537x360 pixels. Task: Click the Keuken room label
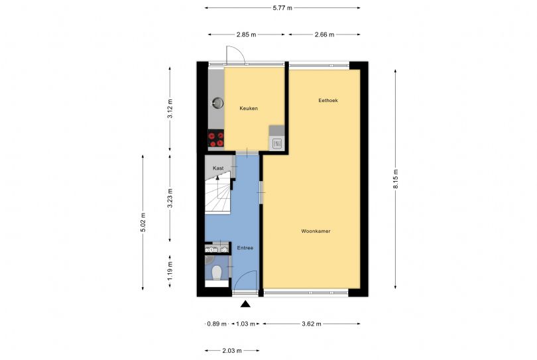[249, 108]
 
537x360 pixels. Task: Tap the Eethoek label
[328, 100]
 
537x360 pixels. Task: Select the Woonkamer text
[316, 231]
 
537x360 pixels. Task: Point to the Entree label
[245, 248]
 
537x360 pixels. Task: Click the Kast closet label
[218, 169]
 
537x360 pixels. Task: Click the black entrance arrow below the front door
[246, 304]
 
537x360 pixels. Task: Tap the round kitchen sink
[217, 103]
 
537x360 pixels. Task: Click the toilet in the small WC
[215, 272]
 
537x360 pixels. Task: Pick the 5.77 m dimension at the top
[282, 8]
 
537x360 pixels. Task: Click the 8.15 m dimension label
[396, 179]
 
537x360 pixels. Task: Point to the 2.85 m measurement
[246, 34]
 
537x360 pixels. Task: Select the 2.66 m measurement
[324, 34]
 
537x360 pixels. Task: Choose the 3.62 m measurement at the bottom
[311, 324]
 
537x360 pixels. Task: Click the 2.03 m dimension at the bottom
[231, 350]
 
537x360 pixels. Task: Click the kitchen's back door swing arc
[235, 54]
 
